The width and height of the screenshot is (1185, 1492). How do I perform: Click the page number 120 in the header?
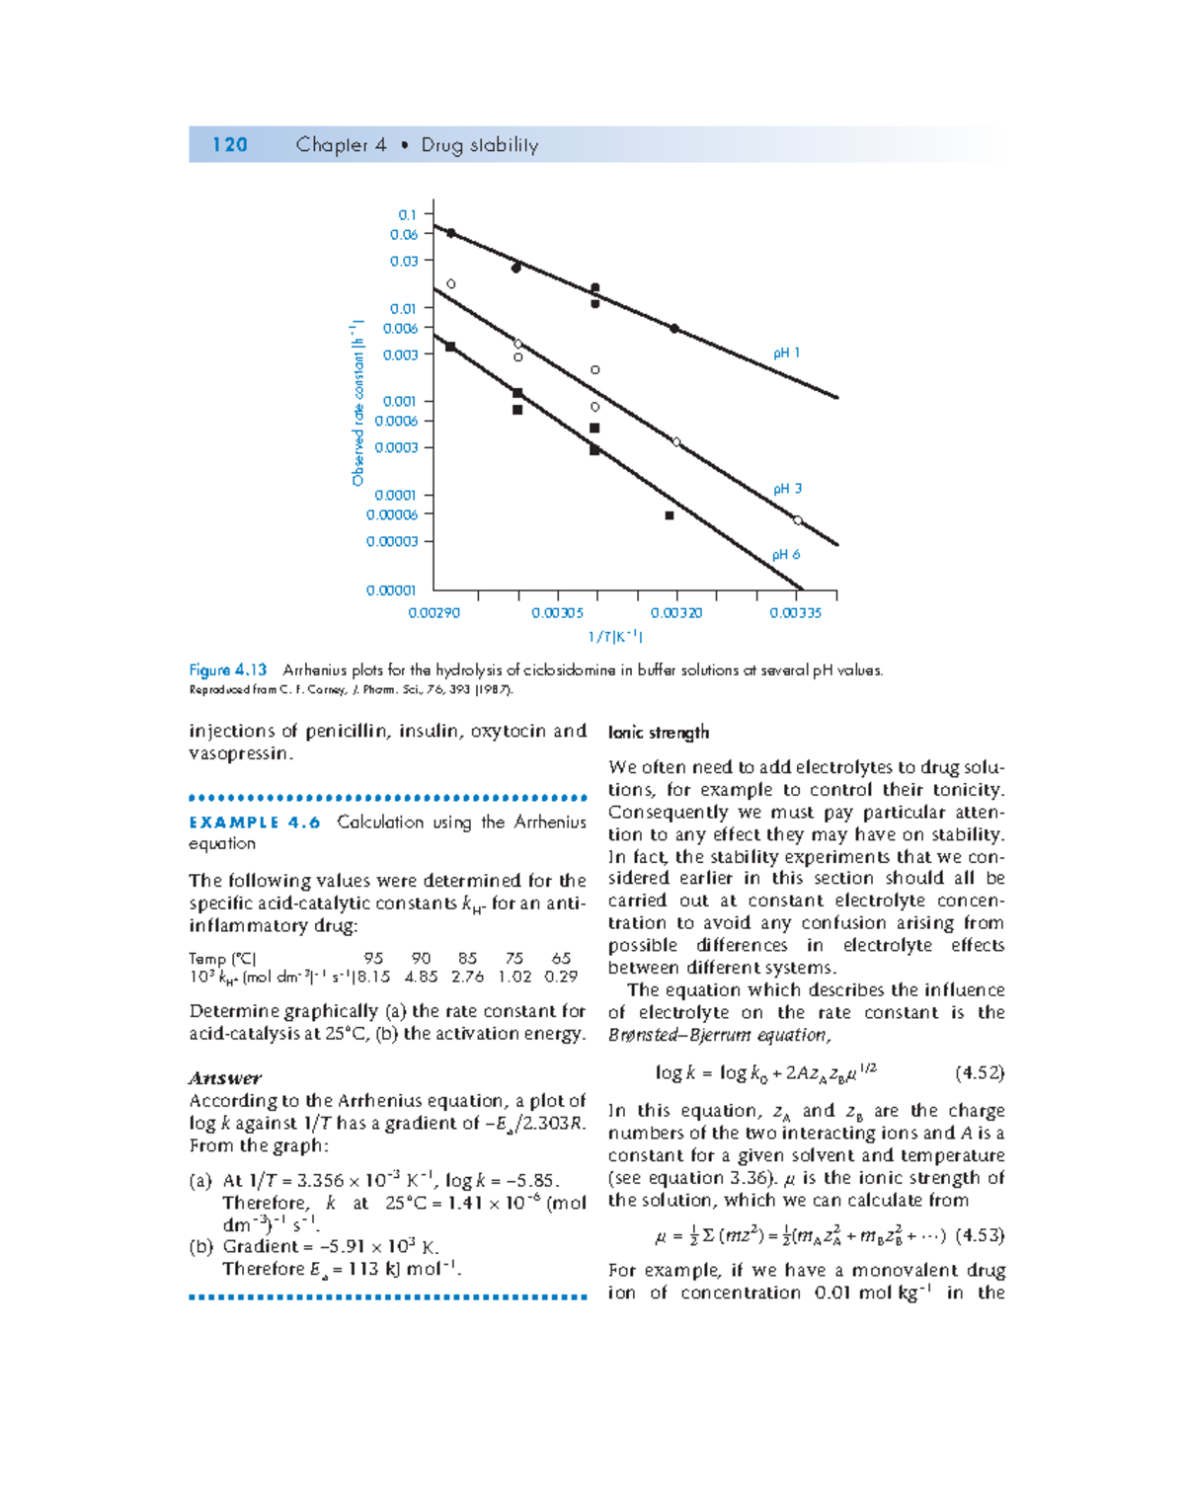click(229, 145)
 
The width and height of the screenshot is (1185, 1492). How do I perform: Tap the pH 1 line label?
click(786, 353)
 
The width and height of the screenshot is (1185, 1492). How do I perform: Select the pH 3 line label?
click(787, 489)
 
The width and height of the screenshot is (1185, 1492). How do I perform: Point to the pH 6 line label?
click(786, 555)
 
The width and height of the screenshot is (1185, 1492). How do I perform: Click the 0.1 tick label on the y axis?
click(407, 214)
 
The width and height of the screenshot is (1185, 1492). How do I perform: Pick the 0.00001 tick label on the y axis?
click(391, 590)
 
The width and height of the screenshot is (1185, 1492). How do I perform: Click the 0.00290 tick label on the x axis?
click(434, 613)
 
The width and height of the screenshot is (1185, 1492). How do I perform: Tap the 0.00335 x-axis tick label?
click(795, 613)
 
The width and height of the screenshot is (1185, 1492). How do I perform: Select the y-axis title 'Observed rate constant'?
click(357, 403)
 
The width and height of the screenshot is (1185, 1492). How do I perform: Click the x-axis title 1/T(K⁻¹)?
click(615, 637)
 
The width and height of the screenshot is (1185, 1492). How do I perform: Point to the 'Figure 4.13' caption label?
click(228, 670)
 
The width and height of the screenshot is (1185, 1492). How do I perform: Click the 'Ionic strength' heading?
click(659, 733)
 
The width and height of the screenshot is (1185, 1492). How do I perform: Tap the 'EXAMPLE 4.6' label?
click(255, 823)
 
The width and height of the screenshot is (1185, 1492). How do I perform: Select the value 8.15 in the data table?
click(373, 977)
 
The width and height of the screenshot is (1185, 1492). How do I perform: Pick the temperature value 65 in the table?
click(561, 958)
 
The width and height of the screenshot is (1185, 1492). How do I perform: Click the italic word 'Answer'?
click(225, 1078)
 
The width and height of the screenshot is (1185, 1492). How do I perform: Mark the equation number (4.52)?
click(980, 1073)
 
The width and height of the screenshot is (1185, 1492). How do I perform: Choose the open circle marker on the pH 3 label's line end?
click(797, 520)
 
